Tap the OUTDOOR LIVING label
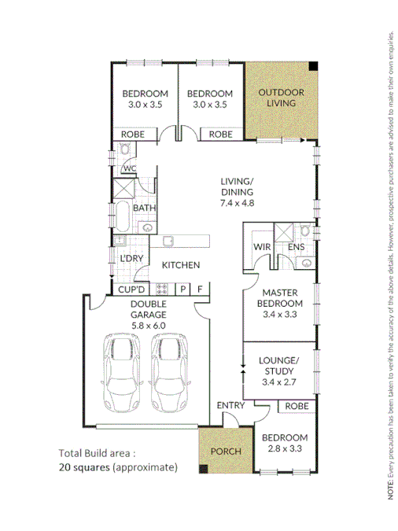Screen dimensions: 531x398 pos(281,98)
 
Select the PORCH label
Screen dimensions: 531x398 pos(224,452)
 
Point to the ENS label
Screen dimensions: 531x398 pos(296,246)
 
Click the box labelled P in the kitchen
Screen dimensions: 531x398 pos(183,289)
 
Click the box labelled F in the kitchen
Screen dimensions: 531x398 pos(201,289)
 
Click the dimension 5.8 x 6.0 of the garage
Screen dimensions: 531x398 pos(148,325)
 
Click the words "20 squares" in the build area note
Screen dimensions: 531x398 pos(84,466)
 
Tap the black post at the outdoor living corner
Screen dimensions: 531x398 pos(312,66)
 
